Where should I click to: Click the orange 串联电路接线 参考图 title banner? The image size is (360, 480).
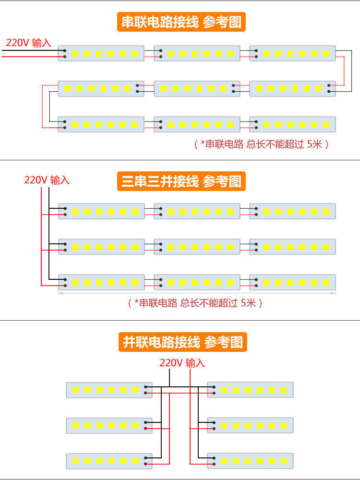[181, 22]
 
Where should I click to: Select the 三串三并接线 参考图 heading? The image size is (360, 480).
[181, 181]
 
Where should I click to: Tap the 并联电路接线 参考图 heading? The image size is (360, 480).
[182, 342]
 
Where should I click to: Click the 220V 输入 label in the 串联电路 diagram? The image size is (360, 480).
[28, 43]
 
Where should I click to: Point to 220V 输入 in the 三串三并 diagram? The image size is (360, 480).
[47, 180]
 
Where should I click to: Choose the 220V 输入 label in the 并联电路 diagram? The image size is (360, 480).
[182, 363]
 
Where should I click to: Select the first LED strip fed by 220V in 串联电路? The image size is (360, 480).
[101, 53]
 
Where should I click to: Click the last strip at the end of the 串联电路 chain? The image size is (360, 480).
[292, 124]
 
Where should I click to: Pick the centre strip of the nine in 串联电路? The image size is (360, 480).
[197, 88]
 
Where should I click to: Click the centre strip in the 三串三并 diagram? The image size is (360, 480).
[197, 247]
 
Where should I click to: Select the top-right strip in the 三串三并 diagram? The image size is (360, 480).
[292, 211]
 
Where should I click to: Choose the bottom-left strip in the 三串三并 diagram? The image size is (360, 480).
[101, 282]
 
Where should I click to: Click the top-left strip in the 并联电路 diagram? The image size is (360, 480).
[109, 390]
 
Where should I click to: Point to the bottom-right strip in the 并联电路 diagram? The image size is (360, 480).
[250, 461]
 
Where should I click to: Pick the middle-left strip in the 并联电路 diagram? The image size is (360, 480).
[109, 425]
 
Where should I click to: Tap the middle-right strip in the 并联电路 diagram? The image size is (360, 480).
[250, 425]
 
